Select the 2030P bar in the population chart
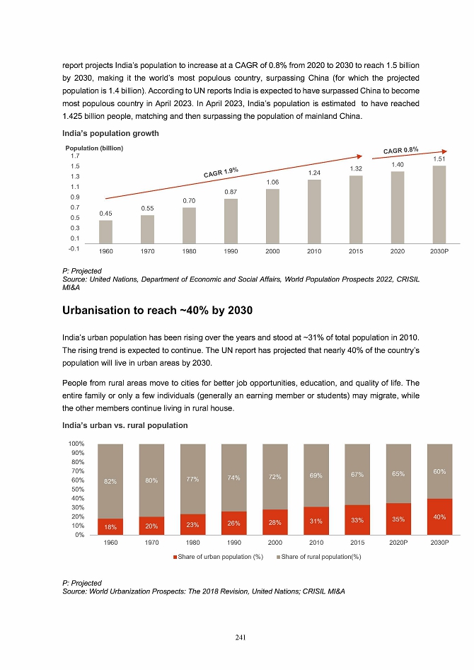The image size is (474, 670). (439, 207)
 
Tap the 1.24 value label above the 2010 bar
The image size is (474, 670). (314, 173)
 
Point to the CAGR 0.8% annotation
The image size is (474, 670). (401, 149)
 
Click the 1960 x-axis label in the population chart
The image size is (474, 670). (105, 250)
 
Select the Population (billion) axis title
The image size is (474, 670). (94, 148)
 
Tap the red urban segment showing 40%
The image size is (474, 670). (439, 516)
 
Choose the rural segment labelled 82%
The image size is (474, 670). (110, 481)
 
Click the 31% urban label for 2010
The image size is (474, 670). (316, 522)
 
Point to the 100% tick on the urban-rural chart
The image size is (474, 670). (76, 444)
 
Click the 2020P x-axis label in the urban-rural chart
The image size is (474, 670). (398, 545)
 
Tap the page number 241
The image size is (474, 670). (240, 637)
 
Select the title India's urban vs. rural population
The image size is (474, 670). (125, 425)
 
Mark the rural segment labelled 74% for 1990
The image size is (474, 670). (234, 478)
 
